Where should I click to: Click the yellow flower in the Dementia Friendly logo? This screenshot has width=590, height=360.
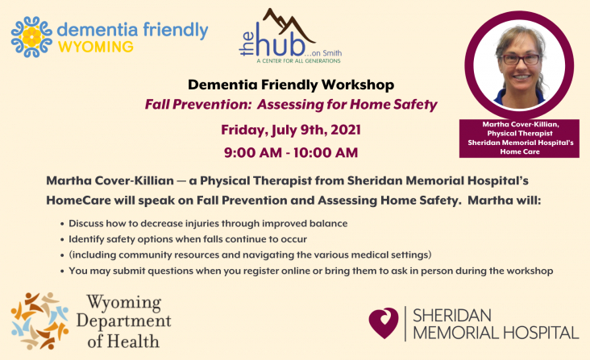pos(31,37)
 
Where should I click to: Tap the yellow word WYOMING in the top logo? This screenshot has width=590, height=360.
pos(96,47)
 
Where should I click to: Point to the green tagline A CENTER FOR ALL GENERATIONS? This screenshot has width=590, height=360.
pos(299,61)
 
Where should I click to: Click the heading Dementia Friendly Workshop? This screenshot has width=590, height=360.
pos(291,85)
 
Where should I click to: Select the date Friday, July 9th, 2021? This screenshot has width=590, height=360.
pos(291,130)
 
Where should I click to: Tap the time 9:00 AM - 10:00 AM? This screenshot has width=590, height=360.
pos(291,152)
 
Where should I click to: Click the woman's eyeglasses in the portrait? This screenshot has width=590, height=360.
pos(521,60)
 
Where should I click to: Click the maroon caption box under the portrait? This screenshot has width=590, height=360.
pos(519,139)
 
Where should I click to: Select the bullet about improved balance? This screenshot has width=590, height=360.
pos(208,224)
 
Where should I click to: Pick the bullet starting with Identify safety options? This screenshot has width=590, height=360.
pos(187,239)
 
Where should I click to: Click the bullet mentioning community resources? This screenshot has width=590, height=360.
pos(250,254)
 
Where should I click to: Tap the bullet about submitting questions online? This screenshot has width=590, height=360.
pos(311,271)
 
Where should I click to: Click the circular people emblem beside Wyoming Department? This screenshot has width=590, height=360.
pos(39,321)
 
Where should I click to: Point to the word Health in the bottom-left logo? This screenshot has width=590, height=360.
pos(133,341)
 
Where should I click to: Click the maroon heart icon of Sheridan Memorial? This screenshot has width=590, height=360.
pos(384,323)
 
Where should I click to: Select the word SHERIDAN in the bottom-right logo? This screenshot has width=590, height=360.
pos(452,316)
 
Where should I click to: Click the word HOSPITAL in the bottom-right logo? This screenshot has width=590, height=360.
pos(541,333)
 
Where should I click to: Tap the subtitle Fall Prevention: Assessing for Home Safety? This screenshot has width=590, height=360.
pos(291,105)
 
